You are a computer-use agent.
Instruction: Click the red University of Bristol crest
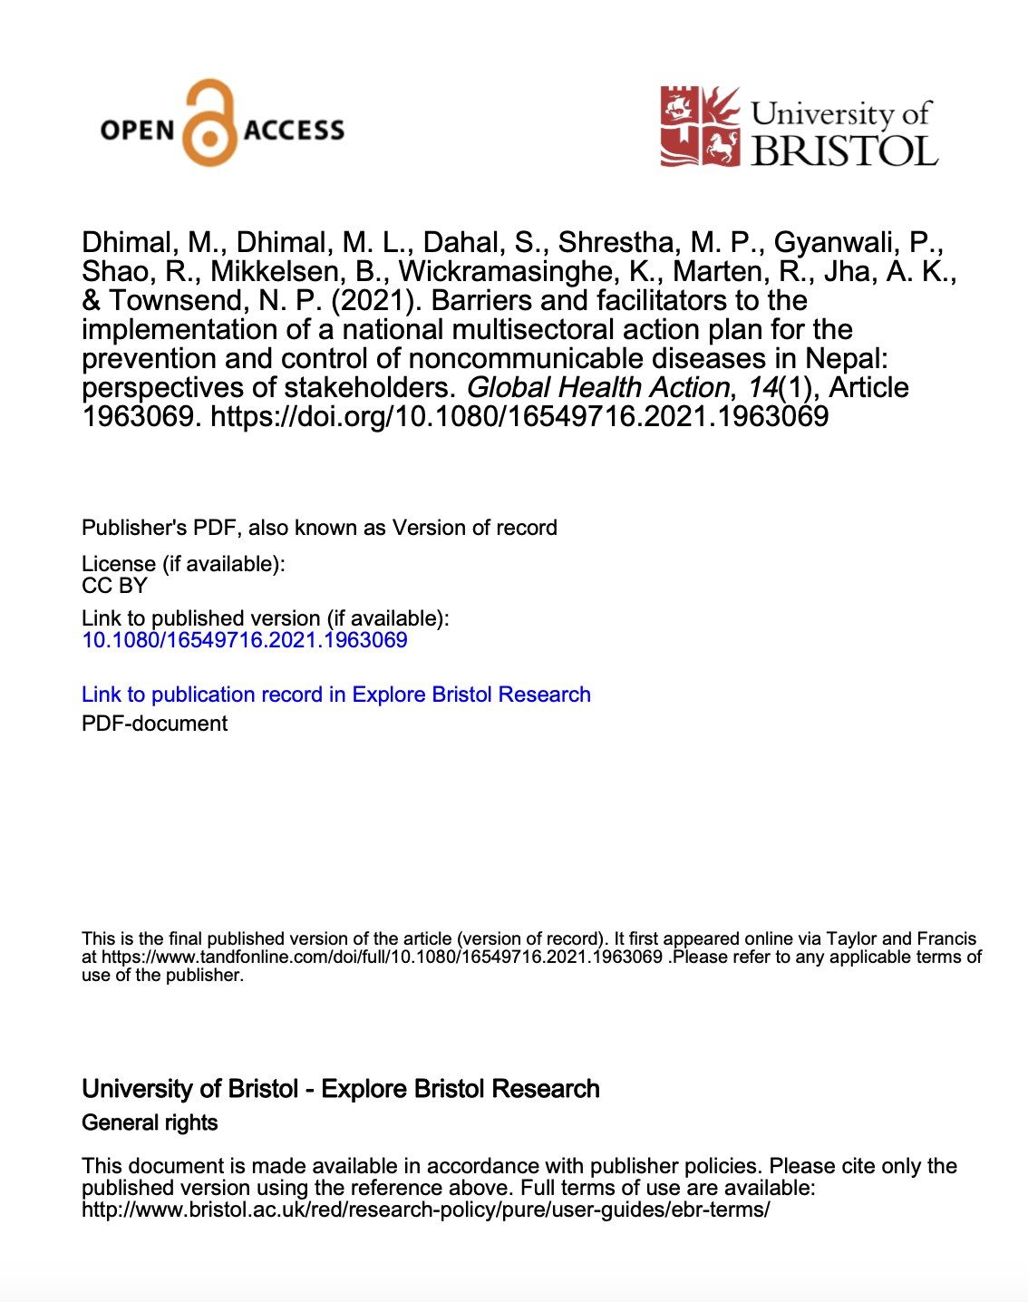(699, 126)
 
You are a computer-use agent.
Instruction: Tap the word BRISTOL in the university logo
(843, 151)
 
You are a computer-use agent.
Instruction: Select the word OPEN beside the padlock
(138, 130)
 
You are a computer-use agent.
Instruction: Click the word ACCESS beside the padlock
(294, 130)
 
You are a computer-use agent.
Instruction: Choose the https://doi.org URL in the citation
(519, 416)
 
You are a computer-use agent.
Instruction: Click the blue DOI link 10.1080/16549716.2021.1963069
(245, 640)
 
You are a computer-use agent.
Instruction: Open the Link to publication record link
(336, 695)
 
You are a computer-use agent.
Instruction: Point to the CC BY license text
(114, 586)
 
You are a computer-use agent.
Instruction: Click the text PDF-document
(155, 724)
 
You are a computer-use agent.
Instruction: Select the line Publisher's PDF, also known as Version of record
(319, 528)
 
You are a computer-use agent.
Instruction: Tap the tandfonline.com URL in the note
(382, 957)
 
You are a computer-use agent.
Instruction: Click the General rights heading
(150, 1122)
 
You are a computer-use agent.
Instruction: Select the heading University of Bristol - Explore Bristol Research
(341, 1089)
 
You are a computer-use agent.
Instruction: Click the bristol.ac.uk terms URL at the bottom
(425, 1210)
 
